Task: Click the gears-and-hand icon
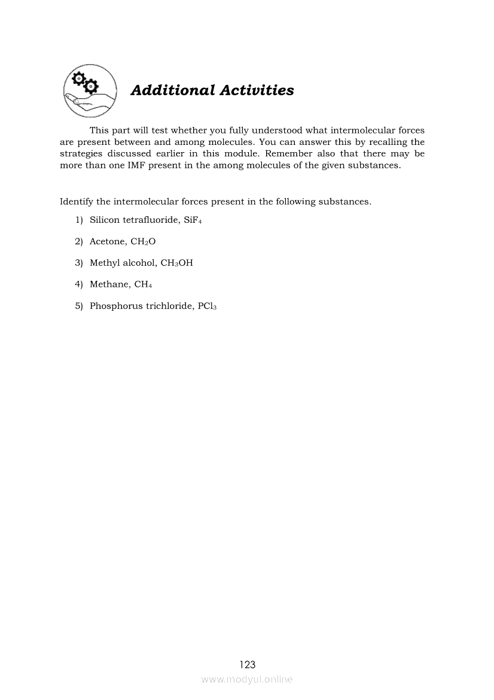90,92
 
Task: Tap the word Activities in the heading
257,90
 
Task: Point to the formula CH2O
143,241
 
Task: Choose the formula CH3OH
177,263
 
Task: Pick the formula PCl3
206,306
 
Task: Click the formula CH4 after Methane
143,284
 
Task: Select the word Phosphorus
116,306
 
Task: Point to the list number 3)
79,263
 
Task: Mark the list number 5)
79,306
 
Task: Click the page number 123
247,664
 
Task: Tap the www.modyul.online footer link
247,679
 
